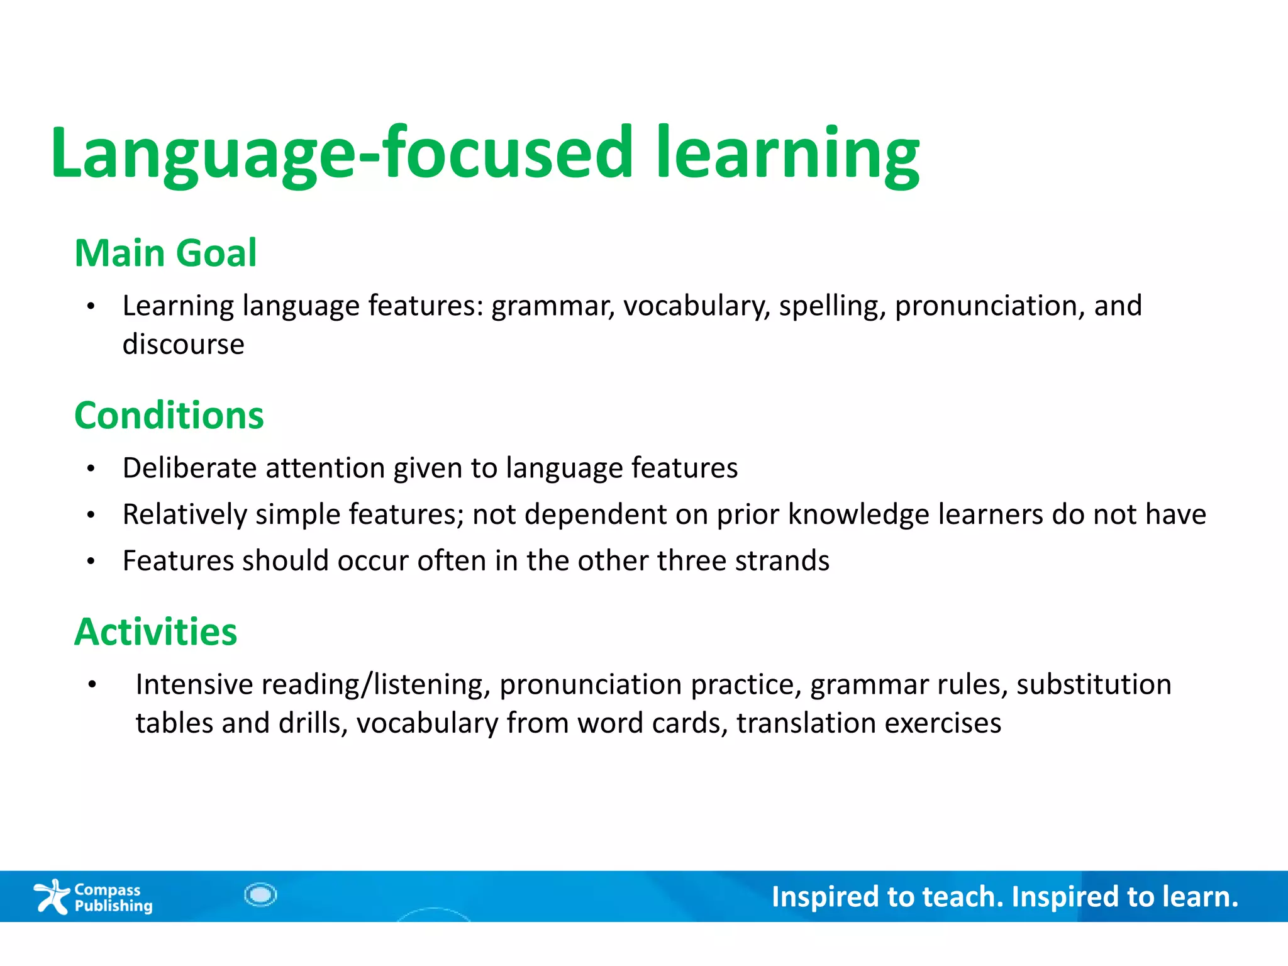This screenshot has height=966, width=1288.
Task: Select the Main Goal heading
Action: [165, 253]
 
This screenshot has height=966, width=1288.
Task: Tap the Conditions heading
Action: [169, 416]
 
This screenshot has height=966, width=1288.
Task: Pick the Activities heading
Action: [155, 631]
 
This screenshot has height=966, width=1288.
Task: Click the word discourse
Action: [183, 344]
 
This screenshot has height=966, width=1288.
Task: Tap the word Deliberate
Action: [189, 468]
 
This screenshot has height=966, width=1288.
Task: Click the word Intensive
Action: [194, 684]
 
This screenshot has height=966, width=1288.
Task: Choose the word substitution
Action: [1094, 684]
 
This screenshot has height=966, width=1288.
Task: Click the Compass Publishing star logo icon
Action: [52, 896]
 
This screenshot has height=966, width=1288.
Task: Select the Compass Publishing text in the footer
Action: [113, 897]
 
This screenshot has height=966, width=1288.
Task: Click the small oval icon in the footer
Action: [260, 894]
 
